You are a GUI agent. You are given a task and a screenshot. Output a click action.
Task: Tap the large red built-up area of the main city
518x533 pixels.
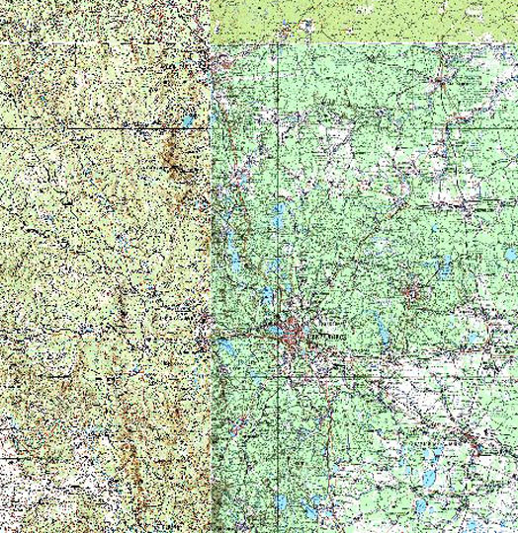click(293, 337)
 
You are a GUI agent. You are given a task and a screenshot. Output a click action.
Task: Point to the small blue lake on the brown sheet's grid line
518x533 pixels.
click(187, 123)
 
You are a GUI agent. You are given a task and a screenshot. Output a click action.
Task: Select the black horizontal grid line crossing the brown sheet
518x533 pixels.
click(99, 127)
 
